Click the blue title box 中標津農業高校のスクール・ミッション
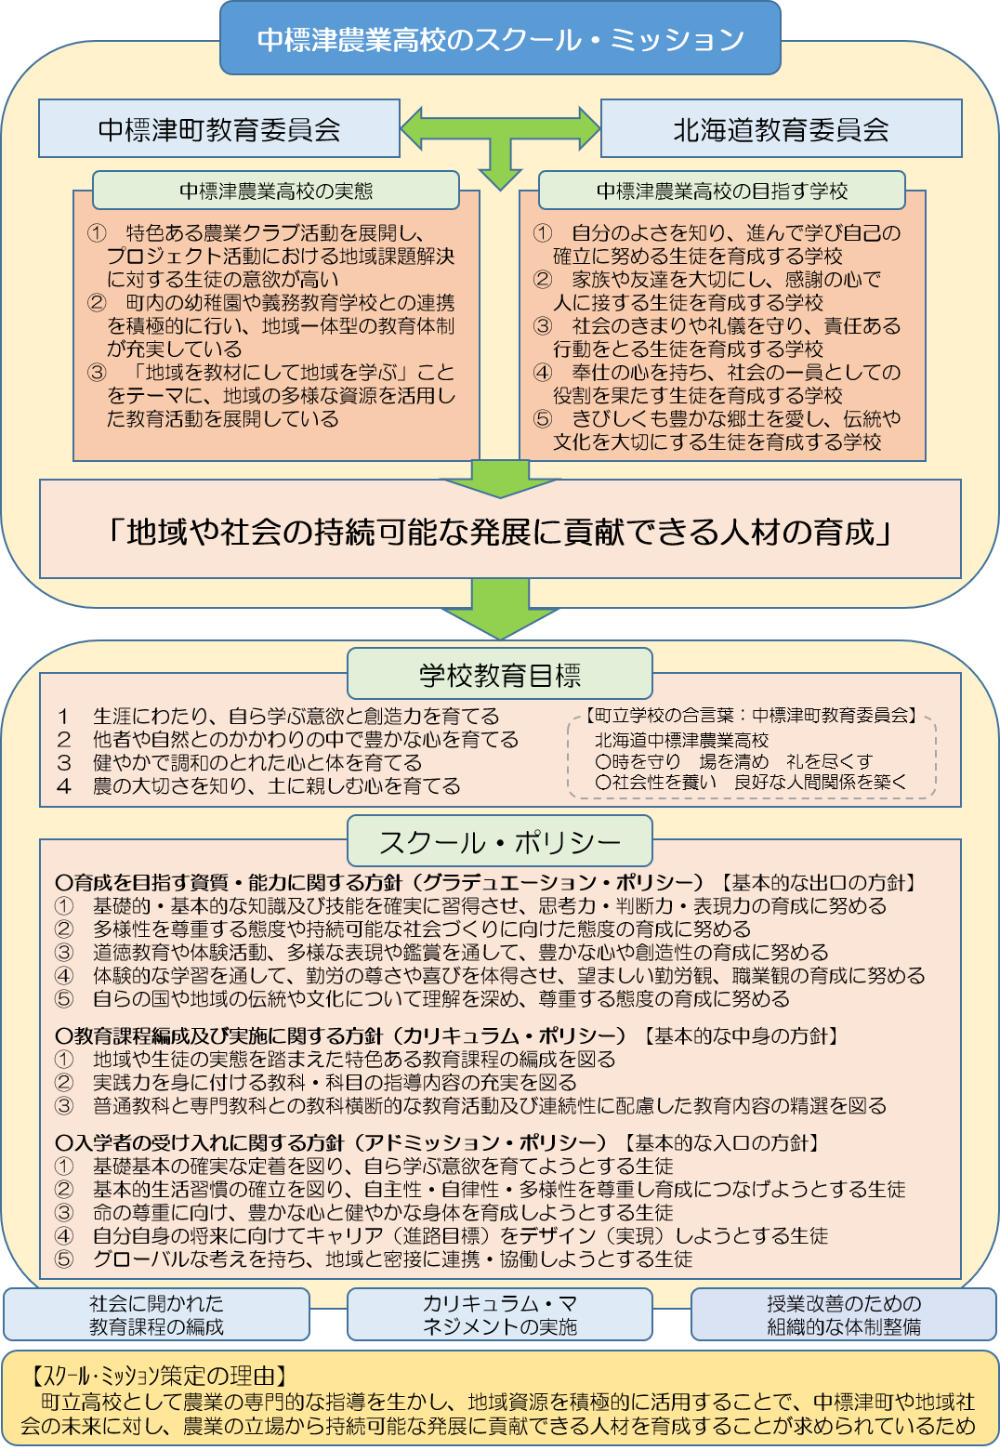pyautogui.click(x=500, y=38)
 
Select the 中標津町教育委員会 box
pyautogui.click(x=218, y=128)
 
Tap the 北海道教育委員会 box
pyautogui.click(x=782, y=128)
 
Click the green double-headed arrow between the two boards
pyautogui.click(x=500, y=129)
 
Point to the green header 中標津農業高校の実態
pyautogui.click(x=276, y=191)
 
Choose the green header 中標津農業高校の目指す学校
pyautogui.click(x=722, y=191)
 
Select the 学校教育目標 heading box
pyautogui.click(x=500, y=674)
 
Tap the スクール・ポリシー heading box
pyautogui.click(x=500, y=841)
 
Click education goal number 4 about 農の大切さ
pyautogui.click(x=259, y=785)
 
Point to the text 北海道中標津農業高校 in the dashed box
pyautogui.click(x=681, y=740)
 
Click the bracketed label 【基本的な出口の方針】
pyautogui.click(x=819, y=882)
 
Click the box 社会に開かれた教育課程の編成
pyautogui.click(x=157, y=1314)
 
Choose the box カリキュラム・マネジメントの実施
pyautogui.click(x=500, y=1314)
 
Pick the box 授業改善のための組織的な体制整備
pyautogui.click(x=843, y=1314)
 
